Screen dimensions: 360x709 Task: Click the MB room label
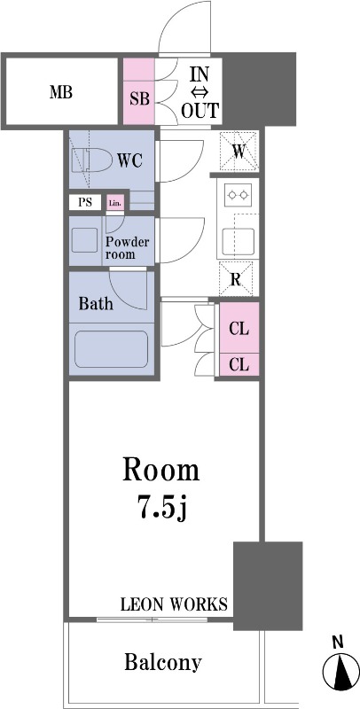point(61,93)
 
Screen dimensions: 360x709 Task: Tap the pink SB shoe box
point(139,90)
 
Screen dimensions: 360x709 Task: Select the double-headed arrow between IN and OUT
point(200,93)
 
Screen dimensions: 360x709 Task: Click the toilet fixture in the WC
point(92,160)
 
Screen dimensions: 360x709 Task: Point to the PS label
point(85,202)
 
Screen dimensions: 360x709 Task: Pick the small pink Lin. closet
point(115,203)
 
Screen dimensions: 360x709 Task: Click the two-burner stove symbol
point(238,195)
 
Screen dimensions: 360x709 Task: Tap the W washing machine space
point(239,152)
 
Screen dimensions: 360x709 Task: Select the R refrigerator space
point(235,279)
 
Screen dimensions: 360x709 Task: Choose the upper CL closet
point(239,328)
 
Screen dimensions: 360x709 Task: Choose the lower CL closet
point(239,364)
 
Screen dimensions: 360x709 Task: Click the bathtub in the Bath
point(111,349)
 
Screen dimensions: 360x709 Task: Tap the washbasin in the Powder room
point(84,240)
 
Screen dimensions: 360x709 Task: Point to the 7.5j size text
point(162,507)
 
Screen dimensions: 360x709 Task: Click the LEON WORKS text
point(174,604)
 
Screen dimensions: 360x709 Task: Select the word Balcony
point(163,663)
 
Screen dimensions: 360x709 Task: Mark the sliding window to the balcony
point(152,619)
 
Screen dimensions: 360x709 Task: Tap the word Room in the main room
point(161,471)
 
